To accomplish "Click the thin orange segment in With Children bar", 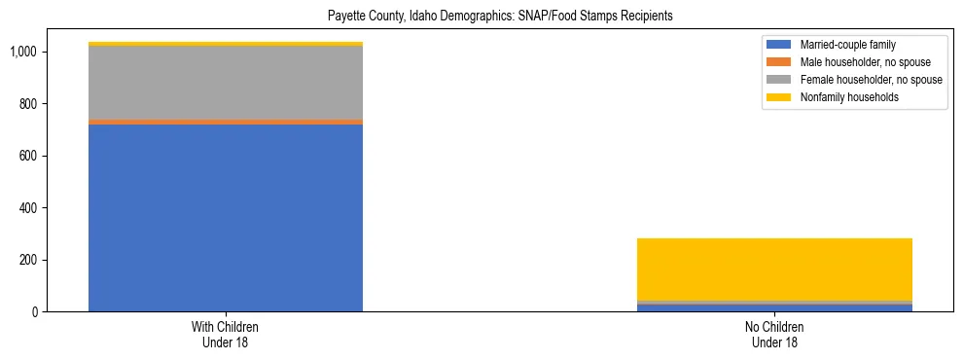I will tap(226, 122).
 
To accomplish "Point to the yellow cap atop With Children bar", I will tap(226, 44).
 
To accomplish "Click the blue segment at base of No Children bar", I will tap(774, 307).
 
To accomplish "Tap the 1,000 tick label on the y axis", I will tap(25, 52).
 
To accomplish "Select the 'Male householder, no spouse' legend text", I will tap(865, 62).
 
